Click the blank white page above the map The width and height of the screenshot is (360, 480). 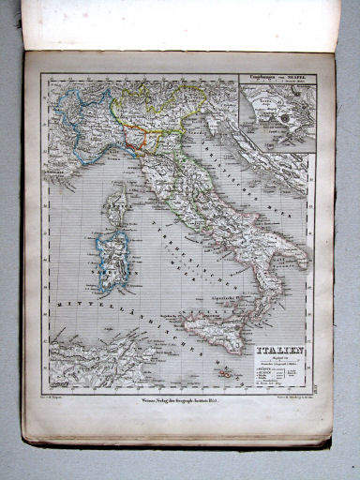(x=178, y=23)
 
